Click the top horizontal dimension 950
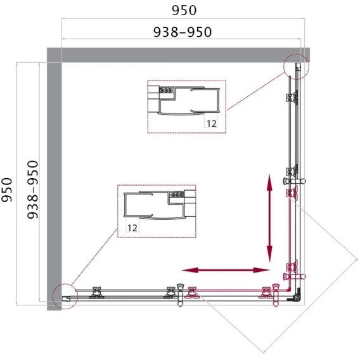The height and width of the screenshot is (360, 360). pyautogui.click(x=184, y=10)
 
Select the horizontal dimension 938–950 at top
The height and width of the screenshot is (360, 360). pyautogui.click(x=183, y=32)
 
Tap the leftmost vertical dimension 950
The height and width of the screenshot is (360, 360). pyautogui.click(x=7, y=190)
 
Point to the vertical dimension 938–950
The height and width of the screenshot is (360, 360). pyautogui.click(x=32, y=190)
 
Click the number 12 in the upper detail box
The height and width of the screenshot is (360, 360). pyautogui.click(x=212, y=124)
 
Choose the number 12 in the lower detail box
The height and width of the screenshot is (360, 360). pyautogui.click(x=132, y=228)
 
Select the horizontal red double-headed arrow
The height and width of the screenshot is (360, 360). pyautogui.click(x=226, y=270)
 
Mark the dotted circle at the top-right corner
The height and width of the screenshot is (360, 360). pyautogui.click(x=296, y=67)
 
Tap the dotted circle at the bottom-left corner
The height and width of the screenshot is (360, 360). pyautogui.click(x=65, y=297)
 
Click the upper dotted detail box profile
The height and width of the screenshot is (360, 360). pyautogui.click(x=187, y=106)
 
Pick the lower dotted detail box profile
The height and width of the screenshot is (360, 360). pyautogui.click(x=157, y=211)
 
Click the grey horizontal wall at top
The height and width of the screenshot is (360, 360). pyautogui.click(x=178, y=55)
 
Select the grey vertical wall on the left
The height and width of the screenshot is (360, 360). pyautogui.click(x=54, y=179)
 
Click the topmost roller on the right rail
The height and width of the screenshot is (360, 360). pyautogui.click(x=292, y=98)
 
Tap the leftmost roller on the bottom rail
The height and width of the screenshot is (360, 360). pyautogui.click(x=96, y=293)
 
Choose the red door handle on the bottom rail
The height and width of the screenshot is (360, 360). pyautogui.click(x=276, y=295)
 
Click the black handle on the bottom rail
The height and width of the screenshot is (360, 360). pyautogui.click(x=181, y=295)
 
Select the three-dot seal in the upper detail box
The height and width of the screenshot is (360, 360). pyautogui.click(x=166, y=90)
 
